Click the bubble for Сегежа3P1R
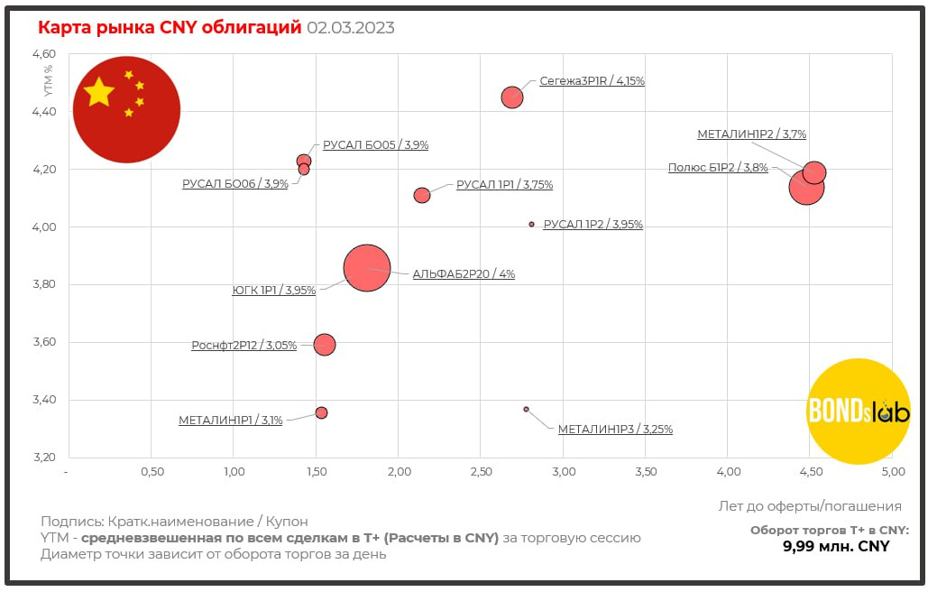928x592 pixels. pyautogui.click(x=512, y=97)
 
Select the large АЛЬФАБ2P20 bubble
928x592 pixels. pyautogui.click(x=366, y=268)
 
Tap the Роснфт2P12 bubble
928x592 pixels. pyautogui.click(x=325, y=344)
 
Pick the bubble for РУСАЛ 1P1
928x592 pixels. pyautogui.click(x=422, y=195)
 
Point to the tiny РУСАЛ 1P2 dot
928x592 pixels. pyautogui.click(x=532, y=224)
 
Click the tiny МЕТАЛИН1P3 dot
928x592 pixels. pyautogui.click(x=527, y=409)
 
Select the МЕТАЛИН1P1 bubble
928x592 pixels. pyautogui.click(x=321, y=412)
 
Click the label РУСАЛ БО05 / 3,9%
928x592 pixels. pyautogui.click(x=375, y=144)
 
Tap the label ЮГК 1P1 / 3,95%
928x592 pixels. pyautogui.click(x=274, y=291)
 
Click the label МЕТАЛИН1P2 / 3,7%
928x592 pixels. pyautogui.click(x=751, y=134)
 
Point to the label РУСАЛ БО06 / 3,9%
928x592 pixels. pyautogui.click(x=235, y=183)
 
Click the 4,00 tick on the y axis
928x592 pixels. pyautogui.click(x=44, y=227)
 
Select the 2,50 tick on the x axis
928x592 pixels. pyautogui.click(x=481, y=472)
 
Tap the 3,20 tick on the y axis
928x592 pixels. pyautogui.click(x=44, y=458)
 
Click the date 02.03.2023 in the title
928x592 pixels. pyautogui.click(x=351, y=28)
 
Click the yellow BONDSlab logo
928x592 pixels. pyautogui.click(x=858, y=411)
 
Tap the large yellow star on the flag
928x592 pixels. pyautogui.click(x=98, y=91)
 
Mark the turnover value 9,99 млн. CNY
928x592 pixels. pyautogui.click(x=835, y=546)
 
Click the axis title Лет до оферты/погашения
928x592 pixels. pyautogui.click(x=810, y=505)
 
